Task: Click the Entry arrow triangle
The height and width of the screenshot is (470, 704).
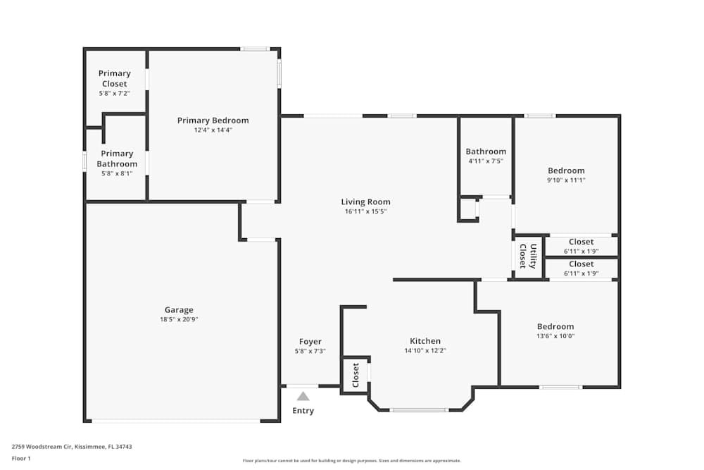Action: coord(303,396)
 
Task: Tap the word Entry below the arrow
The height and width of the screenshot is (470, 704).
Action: coord(303,411)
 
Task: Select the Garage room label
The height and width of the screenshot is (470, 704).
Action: coord(179,309)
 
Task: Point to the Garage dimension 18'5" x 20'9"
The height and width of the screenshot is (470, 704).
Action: coord(179,319)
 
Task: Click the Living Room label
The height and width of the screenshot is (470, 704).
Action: coord(365,202)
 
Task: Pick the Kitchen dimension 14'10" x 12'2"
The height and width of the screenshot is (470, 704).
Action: coord(425,350)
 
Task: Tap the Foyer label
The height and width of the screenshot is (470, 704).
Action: coord(310,342)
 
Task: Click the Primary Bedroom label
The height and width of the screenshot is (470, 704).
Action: coord(213,120)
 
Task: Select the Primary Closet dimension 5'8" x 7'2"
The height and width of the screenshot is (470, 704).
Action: coord(115,94)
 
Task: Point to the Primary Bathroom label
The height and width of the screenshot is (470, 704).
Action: coord(117,159)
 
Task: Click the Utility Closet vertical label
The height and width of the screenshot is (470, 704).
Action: coord(528,256)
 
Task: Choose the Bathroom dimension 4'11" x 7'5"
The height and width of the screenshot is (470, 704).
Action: coord(486,161)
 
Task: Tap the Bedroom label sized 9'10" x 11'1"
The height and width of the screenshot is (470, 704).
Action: coord(566,171)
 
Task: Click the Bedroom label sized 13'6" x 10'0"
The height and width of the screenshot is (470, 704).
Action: coord(555,327)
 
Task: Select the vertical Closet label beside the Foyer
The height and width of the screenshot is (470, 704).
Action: coord(356,375)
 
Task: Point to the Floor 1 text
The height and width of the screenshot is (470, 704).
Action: coord(21,458)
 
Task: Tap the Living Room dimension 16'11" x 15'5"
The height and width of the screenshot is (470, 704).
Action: coord(365,211)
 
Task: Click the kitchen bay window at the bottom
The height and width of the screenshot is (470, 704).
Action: coord(418,410)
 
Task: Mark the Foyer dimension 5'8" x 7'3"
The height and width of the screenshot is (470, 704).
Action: coord(310,352)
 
